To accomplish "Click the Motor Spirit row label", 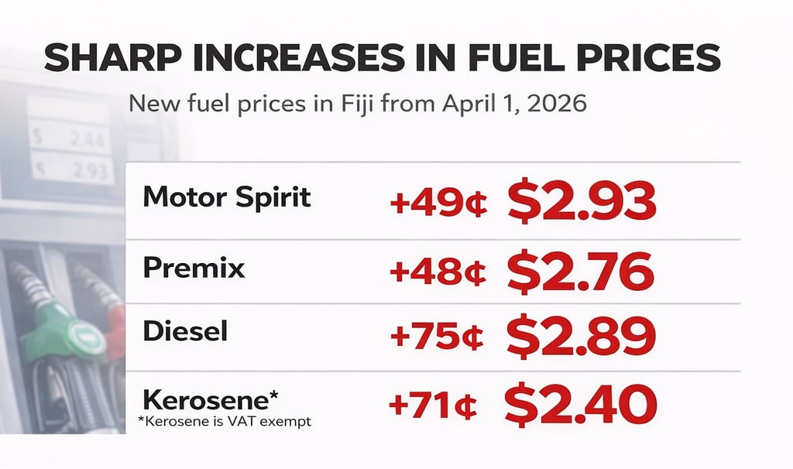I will (227, 197).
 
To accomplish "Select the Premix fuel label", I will (194, 268).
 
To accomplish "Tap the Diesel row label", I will (185, 332).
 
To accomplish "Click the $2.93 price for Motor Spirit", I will (582, 203).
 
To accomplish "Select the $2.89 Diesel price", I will (581, 335).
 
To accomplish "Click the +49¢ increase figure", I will (438, 204).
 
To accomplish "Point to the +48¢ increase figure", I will (438, 272).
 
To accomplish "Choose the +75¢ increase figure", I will (438, 337).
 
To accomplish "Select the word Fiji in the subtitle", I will (337, 103).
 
